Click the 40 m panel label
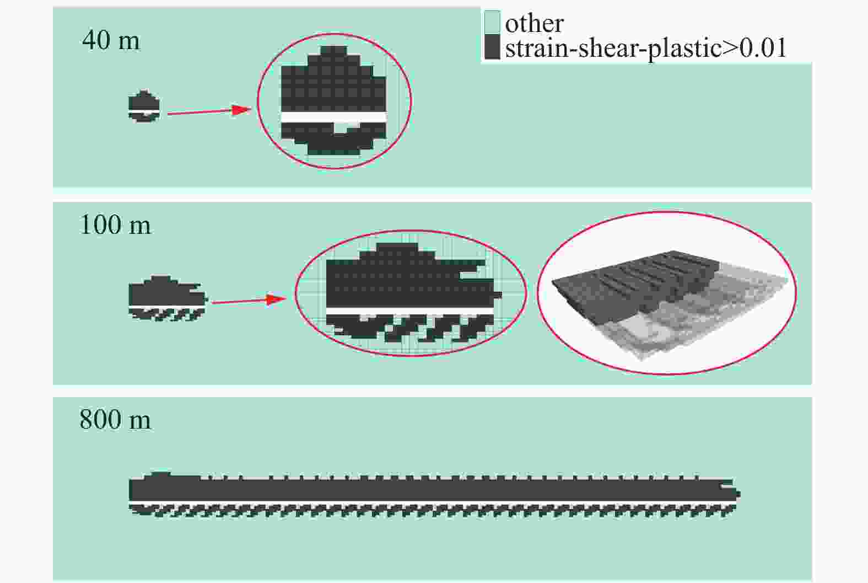coord(111,40)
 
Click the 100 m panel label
coord(115,224)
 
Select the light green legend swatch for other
coord(492,23)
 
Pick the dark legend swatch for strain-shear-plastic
coord(492,47)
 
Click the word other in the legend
coord(534,23)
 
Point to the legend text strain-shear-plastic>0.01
coord(645,48)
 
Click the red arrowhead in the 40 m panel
coord(241,110)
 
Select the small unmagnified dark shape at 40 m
coord(144,105)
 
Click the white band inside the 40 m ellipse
coord(333,117)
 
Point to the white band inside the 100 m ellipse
coord(409,312)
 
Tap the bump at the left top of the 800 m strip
coord(160,474)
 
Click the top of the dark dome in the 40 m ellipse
coord(334,51)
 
